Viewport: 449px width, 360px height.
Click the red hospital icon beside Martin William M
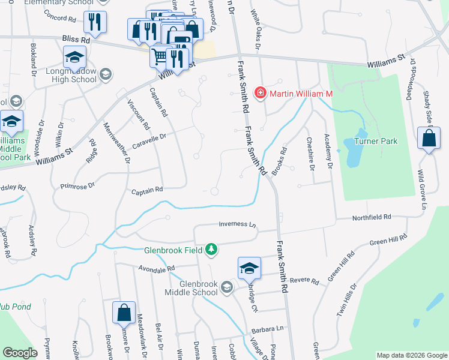point(261,92)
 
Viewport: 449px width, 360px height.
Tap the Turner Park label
point(376,142)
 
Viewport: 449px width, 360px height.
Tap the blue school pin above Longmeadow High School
point(75,58)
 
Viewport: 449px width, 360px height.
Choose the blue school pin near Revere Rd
point(249,268)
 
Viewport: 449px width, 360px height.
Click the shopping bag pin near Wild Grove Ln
point(429,139)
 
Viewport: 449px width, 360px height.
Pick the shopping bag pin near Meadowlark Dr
point(124,312)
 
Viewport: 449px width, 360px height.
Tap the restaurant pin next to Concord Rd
point(94,22)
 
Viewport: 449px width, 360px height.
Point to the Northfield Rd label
point(372,217)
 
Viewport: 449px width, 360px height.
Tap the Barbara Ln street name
point(267,329)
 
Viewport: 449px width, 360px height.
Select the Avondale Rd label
point(155,268)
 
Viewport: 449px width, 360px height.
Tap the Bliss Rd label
point(76,38)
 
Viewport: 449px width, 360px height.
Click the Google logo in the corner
point(20,353)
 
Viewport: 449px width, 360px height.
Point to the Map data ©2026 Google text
point(412,355)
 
